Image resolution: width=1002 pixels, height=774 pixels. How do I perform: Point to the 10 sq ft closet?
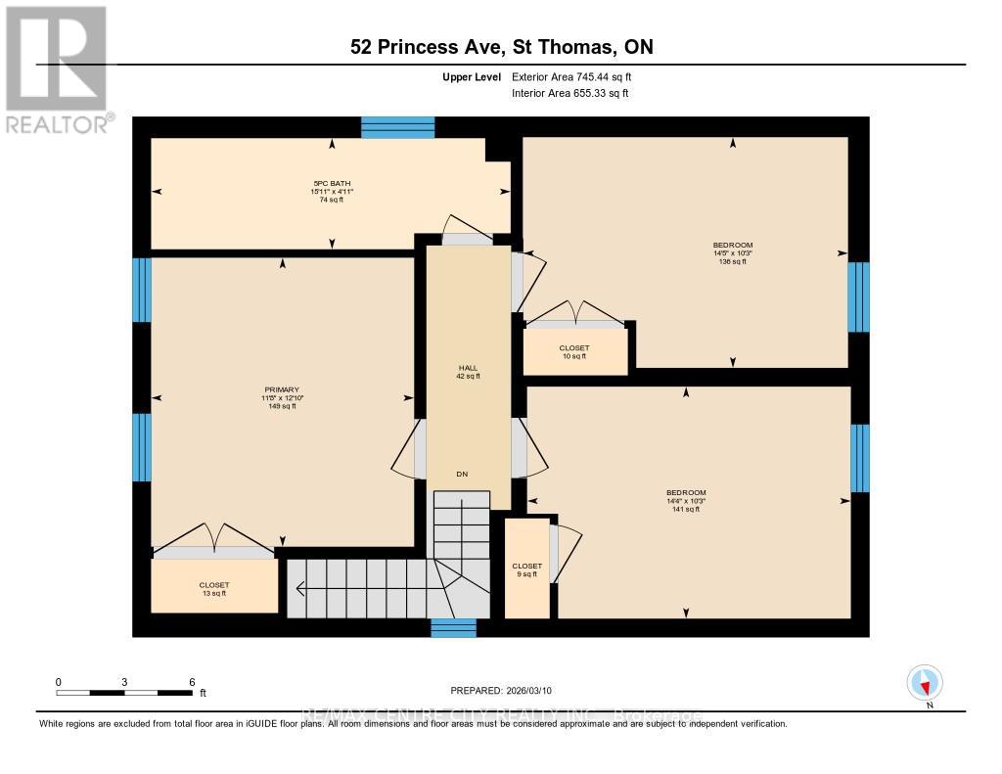pos(572,352)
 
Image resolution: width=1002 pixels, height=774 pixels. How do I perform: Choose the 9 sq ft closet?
pos(526,570)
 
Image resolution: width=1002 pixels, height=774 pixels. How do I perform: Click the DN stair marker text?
pos(463,475)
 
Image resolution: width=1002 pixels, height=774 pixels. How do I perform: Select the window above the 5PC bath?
pos(397,127)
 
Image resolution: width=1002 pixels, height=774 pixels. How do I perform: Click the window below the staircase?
pos(453,628)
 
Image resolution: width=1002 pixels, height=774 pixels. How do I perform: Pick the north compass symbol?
pos(925,683)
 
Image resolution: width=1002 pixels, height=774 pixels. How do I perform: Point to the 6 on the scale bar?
pos(192,682)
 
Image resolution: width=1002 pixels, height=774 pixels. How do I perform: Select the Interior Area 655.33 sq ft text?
pos(569,93)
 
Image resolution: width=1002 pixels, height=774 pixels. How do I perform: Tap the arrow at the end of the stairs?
pos(299,588)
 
